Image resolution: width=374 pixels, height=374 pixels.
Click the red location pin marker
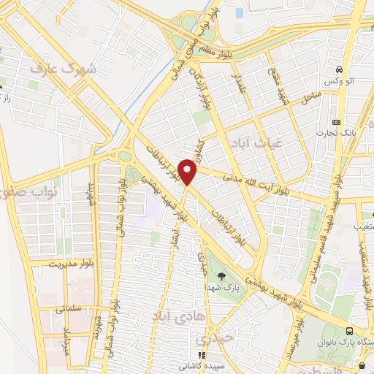pyautogui.click(x=188, y=172)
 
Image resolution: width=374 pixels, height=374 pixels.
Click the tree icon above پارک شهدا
pyautogui.click(x=221, y=275)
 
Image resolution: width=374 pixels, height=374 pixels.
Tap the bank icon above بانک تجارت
pyautogui.click(x=336, y=122)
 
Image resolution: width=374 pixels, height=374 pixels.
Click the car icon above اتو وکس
pyautogui.click(x=339, y=70)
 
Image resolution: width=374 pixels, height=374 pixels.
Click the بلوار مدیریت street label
pyautogui.click(x=74, y=262)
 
